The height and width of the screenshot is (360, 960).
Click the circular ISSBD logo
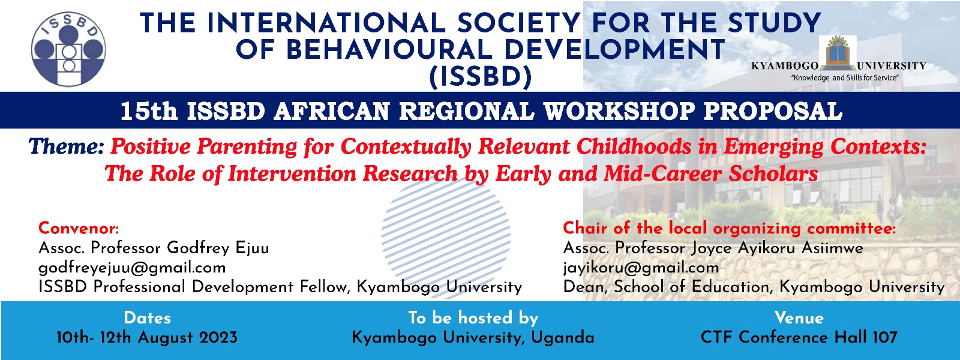(x=68, y=49)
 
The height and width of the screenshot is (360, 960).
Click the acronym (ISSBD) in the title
(x=481, y=77)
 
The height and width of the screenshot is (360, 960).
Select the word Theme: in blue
(x=67, y=147)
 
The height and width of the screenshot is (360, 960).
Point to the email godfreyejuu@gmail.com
(x=132, y=268)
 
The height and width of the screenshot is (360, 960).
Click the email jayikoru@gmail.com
(x=641, y=268)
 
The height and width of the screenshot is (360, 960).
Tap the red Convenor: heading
(x=79, y=228)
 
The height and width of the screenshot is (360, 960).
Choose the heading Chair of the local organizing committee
(x=729, y=228)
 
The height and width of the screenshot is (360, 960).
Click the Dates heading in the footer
(x=147, y=318)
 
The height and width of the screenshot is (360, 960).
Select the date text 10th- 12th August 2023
(x=147, y=338)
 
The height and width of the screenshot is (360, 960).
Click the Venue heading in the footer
(x=799, y=318)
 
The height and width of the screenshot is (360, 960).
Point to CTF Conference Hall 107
(x=799, y=338)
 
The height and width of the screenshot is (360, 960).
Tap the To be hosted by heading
(x=473, y=318)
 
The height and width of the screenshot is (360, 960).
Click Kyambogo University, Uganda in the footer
(x=473, y=338)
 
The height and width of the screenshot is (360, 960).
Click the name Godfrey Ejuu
(x=218, y=248)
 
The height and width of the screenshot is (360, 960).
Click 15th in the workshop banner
(x=149, y=112)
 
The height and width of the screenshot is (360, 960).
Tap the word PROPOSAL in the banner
(x=773, y=112)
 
